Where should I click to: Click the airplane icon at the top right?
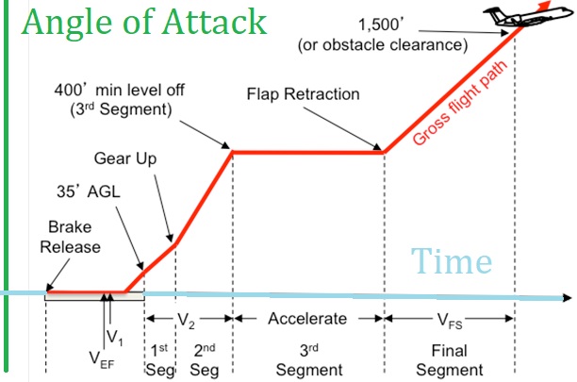pyautogui.click(x=532, y=16)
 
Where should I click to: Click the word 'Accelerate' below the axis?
pyautogui.click(x=308, y=319)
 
